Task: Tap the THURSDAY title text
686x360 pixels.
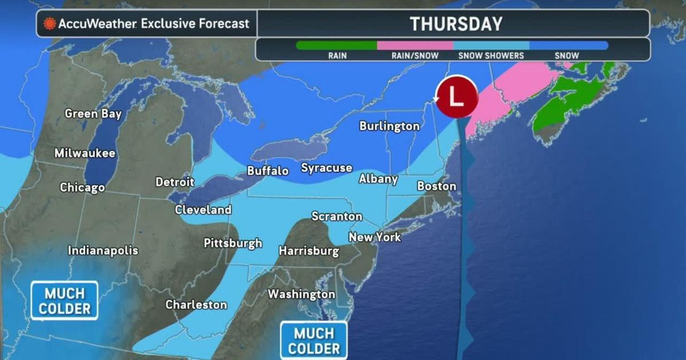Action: [x=456, y=24]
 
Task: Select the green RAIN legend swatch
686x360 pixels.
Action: [x=337, y=45]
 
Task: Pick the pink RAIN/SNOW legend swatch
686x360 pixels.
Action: [x=415, y=45]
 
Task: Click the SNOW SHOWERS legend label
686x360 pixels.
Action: [x=491, y=56]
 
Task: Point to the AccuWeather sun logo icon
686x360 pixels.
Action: [x=50, y=24]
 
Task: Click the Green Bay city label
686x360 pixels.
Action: [x=93, y=114]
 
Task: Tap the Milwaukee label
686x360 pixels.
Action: [x=85, y=153]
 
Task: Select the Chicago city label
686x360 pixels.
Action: [x=82, y=187]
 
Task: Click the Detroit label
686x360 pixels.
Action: [x=175, y=182]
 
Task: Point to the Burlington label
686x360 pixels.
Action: [x=389, y=126]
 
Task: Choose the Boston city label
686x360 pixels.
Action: [x=437, y=186]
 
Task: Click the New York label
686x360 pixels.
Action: [x=375, y=237]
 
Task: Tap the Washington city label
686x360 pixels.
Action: [x=301, y=294]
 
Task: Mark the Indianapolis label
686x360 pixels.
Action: [x=103, y=250]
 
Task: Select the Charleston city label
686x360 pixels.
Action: [x=196, y=305]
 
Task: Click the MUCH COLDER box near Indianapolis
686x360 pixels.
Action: [x=64, y=301]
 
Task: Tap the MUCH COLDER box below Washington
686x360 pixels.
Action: [x=314, y=341]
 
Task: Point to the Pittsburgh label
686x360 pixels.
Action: [x=233, y=243]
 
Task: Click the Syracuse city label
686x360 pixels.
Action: [x=326, y=168]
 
